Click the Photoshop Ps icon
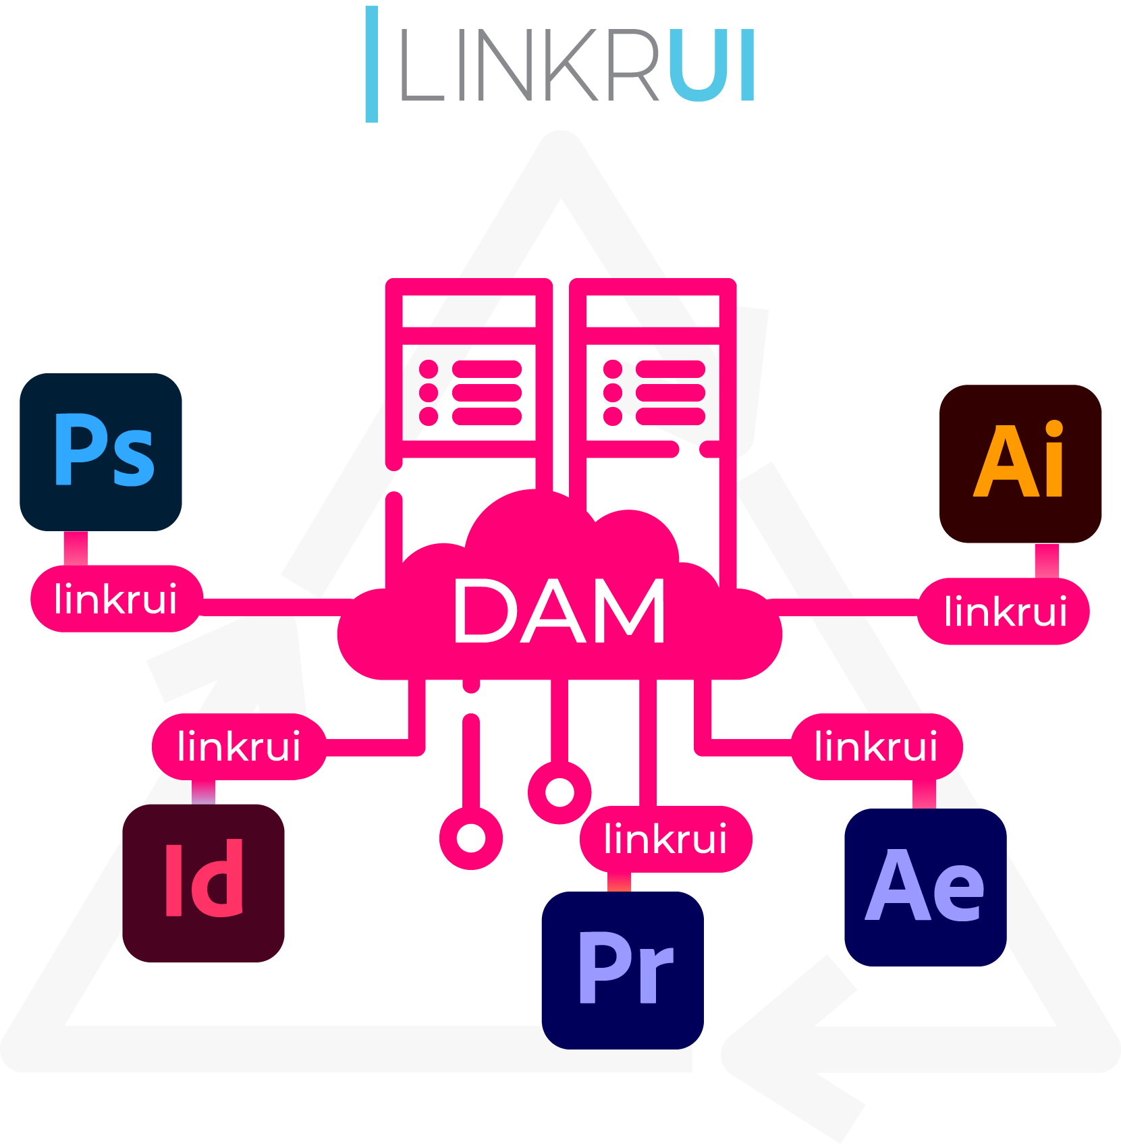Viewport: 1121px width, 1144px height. (101, 452)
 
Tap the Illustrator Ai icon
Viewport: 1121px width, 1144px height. (1020, 464)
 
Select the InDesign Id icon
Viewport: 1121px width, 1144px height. (203, 882)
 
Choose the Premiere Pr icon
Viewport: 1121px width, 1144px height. (622, 970)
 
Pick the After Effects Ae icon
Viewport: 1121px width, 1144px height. (925, 887)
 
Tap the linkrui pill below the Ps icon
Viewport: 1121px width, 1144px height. (116, 599)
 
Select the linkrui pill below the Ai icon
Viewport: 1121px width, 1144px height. (1004, 611)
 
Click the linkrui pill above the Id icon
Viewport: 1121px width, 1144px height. (239, 746)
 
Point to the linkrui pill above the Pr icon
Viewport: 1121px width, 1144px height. (665, 839)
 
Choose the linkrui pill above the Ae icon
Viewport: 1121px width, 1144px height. (876, 746)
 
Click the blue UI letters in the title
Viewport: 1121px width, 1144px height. (711, 65)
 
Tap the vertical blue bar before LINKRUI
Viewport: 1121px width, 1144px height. (371, 64)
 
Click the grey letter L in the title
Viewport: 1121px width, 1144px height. (421, 65)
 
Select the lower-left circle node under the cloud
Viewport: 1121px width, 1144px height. (471, 838)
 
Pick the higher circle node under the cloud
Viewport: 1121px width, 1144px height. (559, 792)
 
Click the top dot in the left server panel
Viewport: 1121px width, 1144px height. (429, 369)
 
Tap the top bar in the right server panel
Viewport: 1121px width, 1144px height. (670, 369)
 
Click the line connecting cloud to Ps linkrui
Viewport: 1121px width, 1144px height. (277, 607)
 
